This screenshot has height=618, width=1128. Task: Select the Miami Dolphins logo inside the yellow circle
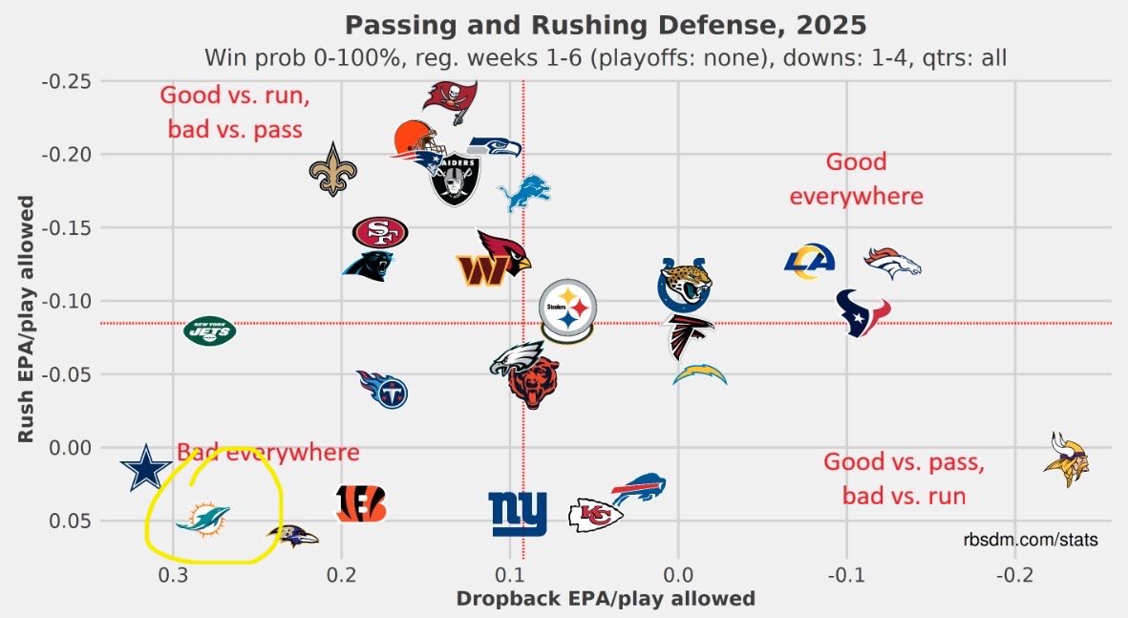tap(202, 522)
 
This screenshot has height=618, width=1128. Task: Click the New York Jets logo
tap(209, 330)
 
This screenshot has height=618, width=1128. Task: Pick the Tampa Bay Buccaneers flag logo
tap(452, 99)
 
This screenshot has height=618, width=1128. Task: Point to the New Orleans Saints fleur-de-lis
tap(331, 170)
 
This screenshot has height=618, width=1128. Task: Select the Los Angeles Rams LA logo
tap(809, 262)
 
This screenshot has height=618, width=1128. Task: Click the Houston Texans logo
tap(862, 312)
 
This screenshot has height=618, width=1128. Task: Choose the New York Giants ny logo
tap(518, 514)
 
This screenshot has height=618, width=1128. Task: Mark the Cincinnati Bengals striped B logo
tap(362, 503)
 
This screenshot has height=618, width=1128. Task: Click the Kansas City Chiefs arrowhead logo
tap(595, 515)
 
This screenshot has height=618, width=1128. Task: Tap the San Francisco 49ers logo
tap(380, 231)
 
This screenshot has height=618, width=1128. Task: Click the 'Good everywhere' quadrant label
tap(856, 179)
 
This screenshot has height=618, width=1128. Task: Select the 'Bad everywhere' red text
tap(267, 453)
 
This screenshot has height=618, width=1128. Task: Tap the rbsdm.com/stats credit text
tap(1031, 541)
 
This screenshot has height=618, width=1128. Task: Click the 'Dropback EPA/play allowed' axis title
tap(606, 599)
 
